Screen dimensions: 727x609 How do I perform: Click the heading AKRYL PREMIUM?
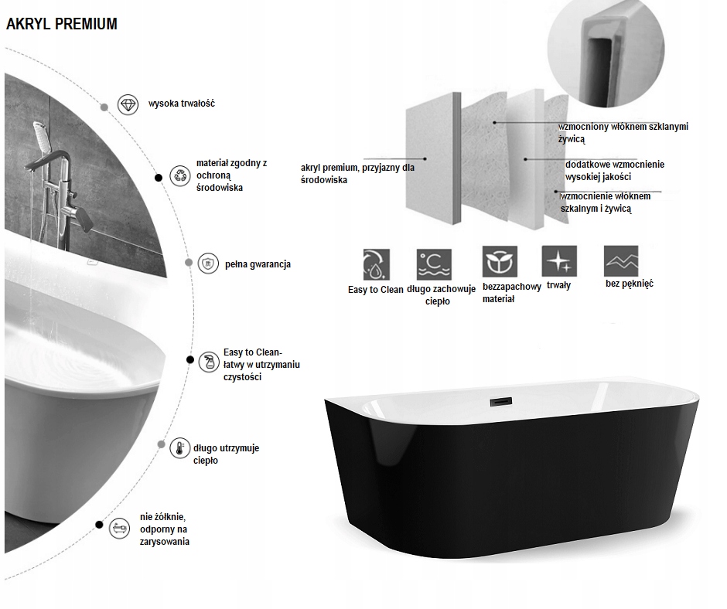(x=62, y=24)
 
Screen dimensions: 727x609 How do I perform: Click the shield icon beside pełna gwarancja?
(x=207, y=264)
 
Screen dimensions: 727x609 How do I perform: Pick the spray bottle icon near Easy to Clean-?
(x=208, y=362)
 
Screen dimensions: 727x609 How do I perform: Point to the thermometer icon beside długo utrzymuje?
(x=179, y=448)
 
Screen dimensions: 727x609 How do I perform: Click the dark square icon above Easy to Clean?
(x=376, y=263)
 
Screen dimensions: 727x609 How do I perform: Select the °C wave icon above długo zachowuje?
(x=434, y=263)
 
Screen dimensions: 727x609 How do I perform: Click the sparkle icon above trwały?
(x=558, y=260)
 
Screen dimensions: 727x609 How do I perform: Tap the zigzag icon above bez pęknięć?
(x=622, y=259)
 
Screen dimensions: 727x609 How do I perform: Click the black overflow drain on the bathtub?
(x=500, y=399)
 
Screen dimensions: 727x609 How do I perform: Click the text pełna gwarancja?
(x=258, y=264)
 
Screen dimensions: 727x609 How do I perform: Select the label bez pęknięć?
(x=630, y=284)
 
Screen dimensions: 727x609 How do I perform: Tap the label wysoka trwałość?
(x=181, y=104)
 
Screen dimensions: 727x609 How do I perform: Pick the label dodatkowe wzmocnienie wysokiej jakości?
(x=614, y=170)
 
